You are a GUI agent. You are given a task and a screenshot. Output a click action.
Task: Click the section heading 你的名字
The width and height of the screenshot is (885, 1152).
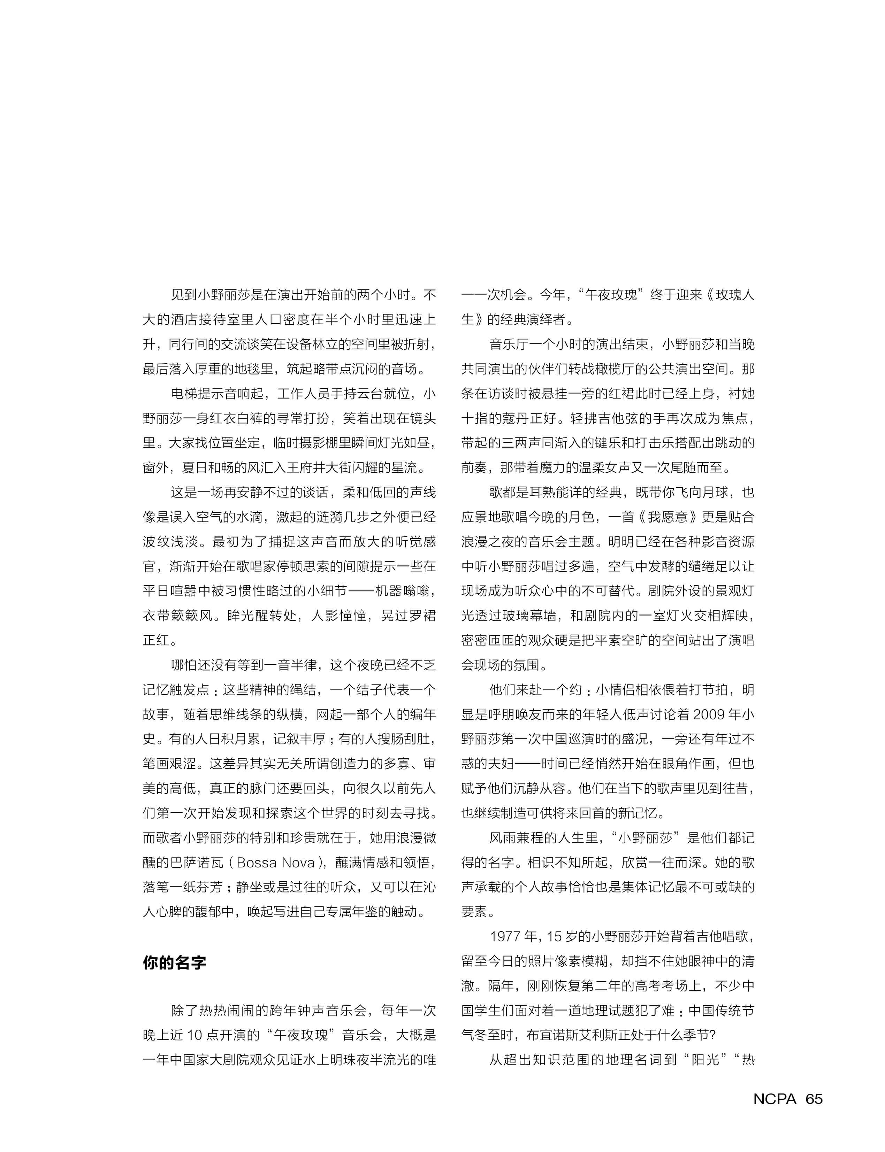[174, 963]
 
